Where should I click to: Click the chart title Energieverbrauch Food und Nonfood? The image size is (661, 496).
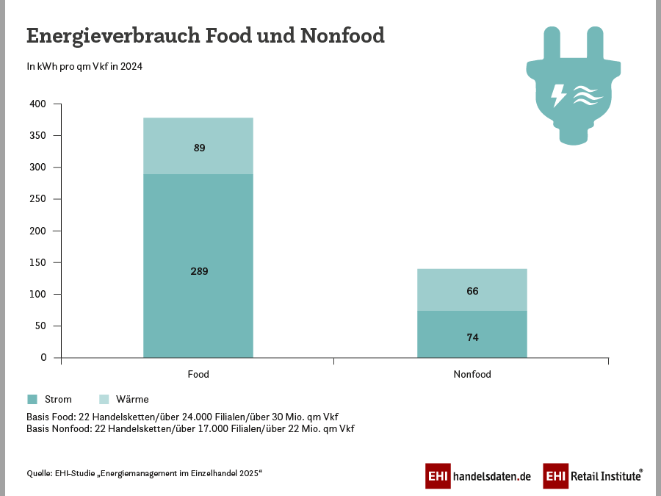(x=206, y=35)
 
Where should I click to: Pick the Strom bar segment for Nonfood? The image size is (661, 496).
(x=472, y=345)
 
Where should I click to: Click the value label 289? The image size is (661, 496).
(x=199, y=271)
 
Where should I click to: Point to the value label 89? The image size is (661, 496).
(x=199, y=148)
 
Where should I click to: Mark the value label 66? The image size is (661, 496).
(x=472, y=291)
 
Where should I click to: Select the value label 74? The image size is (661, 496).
(x=472, y=337)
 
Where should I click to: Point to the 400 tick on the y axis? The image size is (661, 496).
(x=39, y=104)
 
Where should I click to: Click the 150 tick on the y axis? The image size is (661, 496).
(x=39, y=262)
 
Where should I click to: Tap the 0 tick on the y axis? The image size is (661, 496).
(x=44, y=357)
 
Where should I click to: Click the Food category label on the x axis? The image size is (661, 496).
(x=198, y=374)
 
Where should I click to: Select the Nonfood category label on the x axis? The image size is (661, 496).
(x=472, y=374)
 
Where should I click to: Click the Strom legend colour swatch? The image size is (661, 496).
(x=32, y=400)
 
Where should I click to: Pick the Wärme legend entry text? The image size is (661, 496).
(x=132, y=400)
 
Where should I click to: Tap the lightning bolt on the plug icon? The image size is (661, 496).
(x=558, y=95)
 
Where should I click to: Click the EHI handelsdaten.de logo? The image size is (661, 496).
(x=478, y=476)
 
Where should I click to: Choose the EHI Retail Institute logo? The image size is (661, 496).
(x=593, y=476)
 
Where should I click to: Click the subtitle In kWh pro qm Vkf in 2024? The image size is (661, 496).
(x=84, y=67)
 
